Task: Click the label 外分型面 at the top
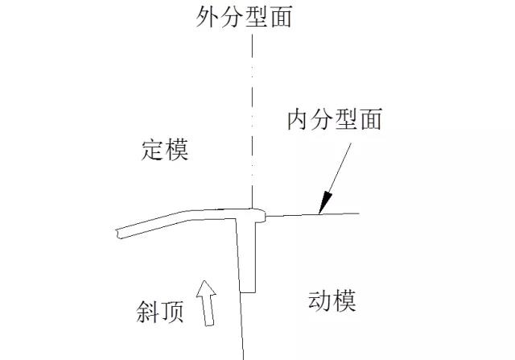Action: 244,17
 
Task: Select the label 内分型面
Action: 334,120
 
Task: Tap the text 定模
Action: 165,149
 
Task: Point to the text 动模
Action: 332,302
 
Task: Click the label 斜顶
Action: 161,310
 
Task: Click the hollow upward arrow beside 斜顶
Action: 206,302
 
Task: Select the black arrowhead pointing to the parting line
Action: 325,202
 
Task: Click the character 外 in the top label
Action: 208,17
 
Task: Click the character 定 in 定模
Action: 153,149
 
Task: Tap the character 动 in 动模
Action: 320,302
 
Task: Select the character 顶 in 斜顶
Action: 173,310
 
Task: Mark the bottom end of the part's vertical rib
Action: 248,291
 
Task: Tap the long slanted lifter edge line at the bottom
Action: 242,330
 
